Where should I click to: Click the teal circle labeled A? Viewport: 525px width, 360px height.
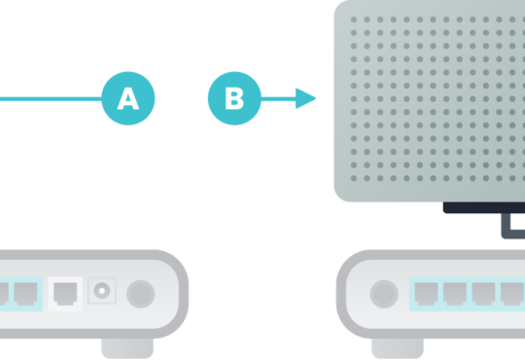point(128,98)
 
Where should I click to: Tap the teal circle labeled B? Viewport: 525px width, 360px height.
point(234,98)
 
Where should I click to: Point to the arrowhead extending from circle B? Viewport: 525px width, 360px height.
point(305,98)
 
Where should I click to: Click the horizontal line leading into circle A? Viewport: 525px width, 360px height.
point(51,99)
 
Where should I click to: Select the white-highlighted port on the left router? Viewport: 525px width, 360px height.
point(65,294)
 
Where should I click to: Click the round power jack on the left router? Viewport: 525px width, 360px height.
point(102,291)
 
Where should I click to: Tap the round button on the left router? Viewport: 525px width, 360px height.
point(141,294)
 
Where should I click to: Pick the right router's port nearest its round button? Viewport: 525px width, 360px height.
point(426,294)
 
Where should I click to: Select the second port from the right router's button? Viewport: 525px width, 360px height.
point(455,294)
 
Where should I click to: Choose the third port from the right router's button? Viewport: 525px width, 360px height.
point(483,294)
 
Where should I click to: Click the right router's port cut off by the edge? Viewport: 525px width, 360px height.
point(512,294)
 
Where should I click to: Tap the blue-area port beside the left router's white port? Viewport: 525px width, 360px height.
point(25,294)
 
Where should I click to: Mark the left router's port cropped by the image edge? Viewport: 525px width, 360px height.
point(4,294)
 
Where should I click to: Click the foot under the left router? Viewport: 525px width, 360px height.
point(127,348)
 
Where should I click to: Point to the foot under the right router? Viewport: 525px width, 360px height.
point(398,348)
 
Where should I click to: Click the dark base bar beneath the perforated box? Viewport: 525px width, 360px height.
point(484,207)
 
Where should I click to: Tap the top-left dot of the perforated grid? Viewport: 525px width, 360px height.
point(354,19)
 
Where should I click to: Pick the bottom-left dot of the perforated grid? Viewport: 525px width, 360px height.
point(354,178)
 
